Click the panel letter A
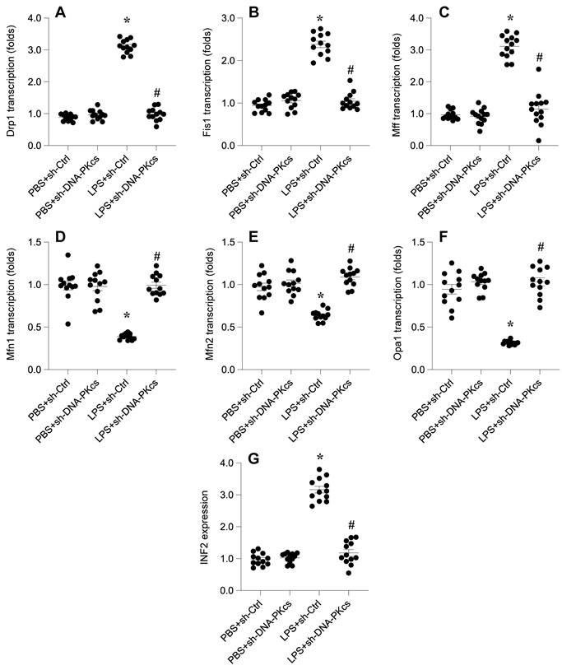pyautogui.click(x=62, y=12)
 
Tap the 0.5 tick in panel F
pyautogui.click(x=421, y=327)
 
